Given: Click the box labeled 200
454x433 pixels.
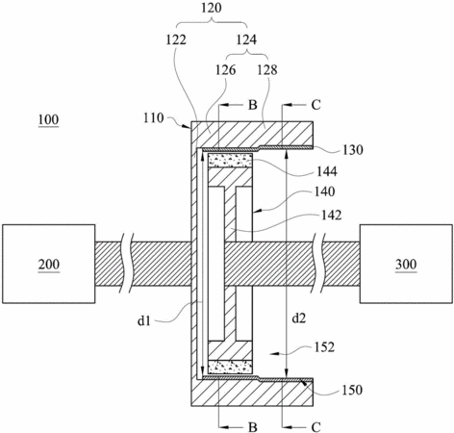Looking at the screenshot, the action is [49, 264].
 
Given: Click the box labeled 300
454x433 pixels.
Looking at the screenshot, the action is [406, 264].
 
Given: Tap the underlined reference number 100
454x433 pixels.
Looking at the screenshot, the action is [48, 120].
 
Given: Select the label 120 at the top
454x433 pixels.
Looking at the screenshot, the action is [212, 8].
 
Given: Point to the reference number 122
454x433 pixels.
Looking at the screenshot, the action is [176, 39].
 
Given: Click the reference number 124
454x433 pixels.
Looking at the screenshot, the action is [246, 39].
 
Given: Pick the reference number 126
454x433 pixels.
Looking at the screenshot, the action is [225, 69].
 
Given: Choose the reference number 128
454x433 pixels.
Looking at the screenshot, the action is [267, 69].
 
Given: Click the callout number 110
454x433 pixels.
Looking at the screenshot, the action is [154, 118].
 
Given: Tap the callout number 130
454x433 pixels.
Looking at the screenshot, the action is [353, 150].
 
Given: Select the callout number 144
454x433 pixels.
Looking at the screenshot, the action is [327, 171].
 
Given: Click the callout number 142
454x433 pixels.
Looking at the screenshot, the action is [331, 215].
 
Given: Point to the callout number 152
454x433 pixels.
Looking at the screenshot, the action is [324, 347].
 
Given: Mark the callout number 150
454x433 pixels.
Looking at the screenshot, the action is [352, 390].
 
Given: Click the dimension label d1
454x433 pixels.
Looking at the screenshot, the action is [144, 320].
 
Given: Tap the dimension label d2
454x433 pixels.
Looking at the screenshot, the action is [299, 318].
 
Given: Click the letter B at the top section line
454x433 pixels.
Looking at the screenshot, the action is [253, 105].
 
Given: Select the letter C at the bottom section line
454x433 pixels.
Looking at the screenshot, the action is [315, 427].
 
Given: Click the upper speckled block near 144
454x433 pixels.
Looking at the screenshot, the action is [230, 161].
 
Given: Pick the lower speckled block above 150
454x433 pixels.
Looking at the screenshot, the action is [230, 368].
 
